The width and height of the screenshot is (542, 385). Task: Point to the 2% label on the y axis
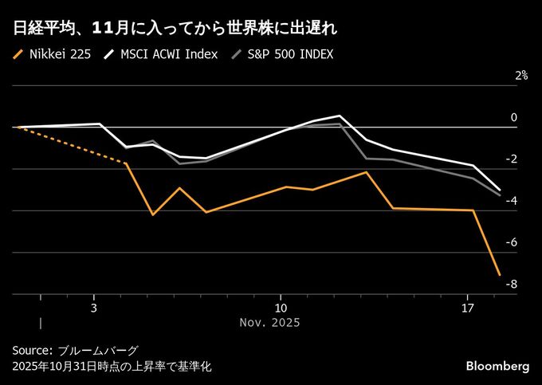(520, 76)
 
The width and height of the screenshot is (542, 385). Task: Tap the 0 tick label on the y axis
(513, 117)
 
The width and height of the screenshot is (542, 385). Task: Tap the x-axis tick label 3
(93, 308)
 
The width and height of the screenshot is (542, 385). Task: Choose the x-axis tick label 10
(280, 308)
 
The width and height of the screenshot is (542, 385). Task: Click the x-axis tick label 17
(467, 308)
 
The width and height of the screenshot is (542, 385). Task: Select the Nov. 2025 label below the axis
(269, 323)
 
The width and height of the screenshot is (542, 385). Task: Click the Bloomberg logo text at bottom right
(497, 365)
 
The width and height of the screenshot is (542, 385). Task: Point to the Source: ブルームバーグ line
(75, 351)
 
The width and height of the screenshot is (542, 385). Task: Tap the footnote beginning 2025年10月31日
(112, 367)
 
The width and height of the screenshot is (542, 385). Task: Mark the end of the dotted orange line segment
(126, 163)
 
